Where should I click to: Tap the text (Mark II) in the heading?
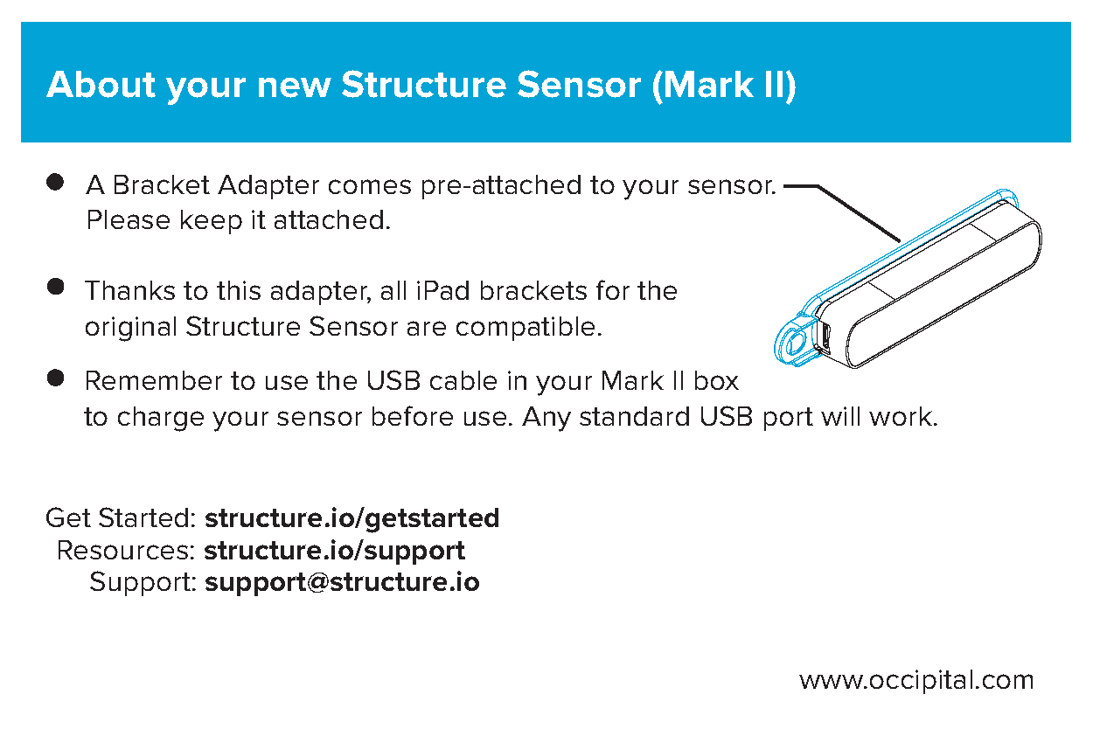tap(724, 85)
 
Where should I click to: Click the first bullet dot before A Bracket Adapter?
tap(56, 183)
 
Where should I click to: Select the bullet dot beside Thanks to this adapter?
tap(56, 288)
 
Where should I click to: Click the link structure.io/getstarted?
tap(352, 517)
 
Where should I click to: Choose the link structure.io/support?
tap(334, 551)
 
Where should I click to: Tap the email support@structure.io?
tap(342, 582)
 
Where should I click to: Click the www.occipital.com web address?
tap(916, 680)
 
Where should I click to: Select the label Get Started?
tap(121, 517)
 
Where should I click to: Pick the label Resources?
tap(126, 551)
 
